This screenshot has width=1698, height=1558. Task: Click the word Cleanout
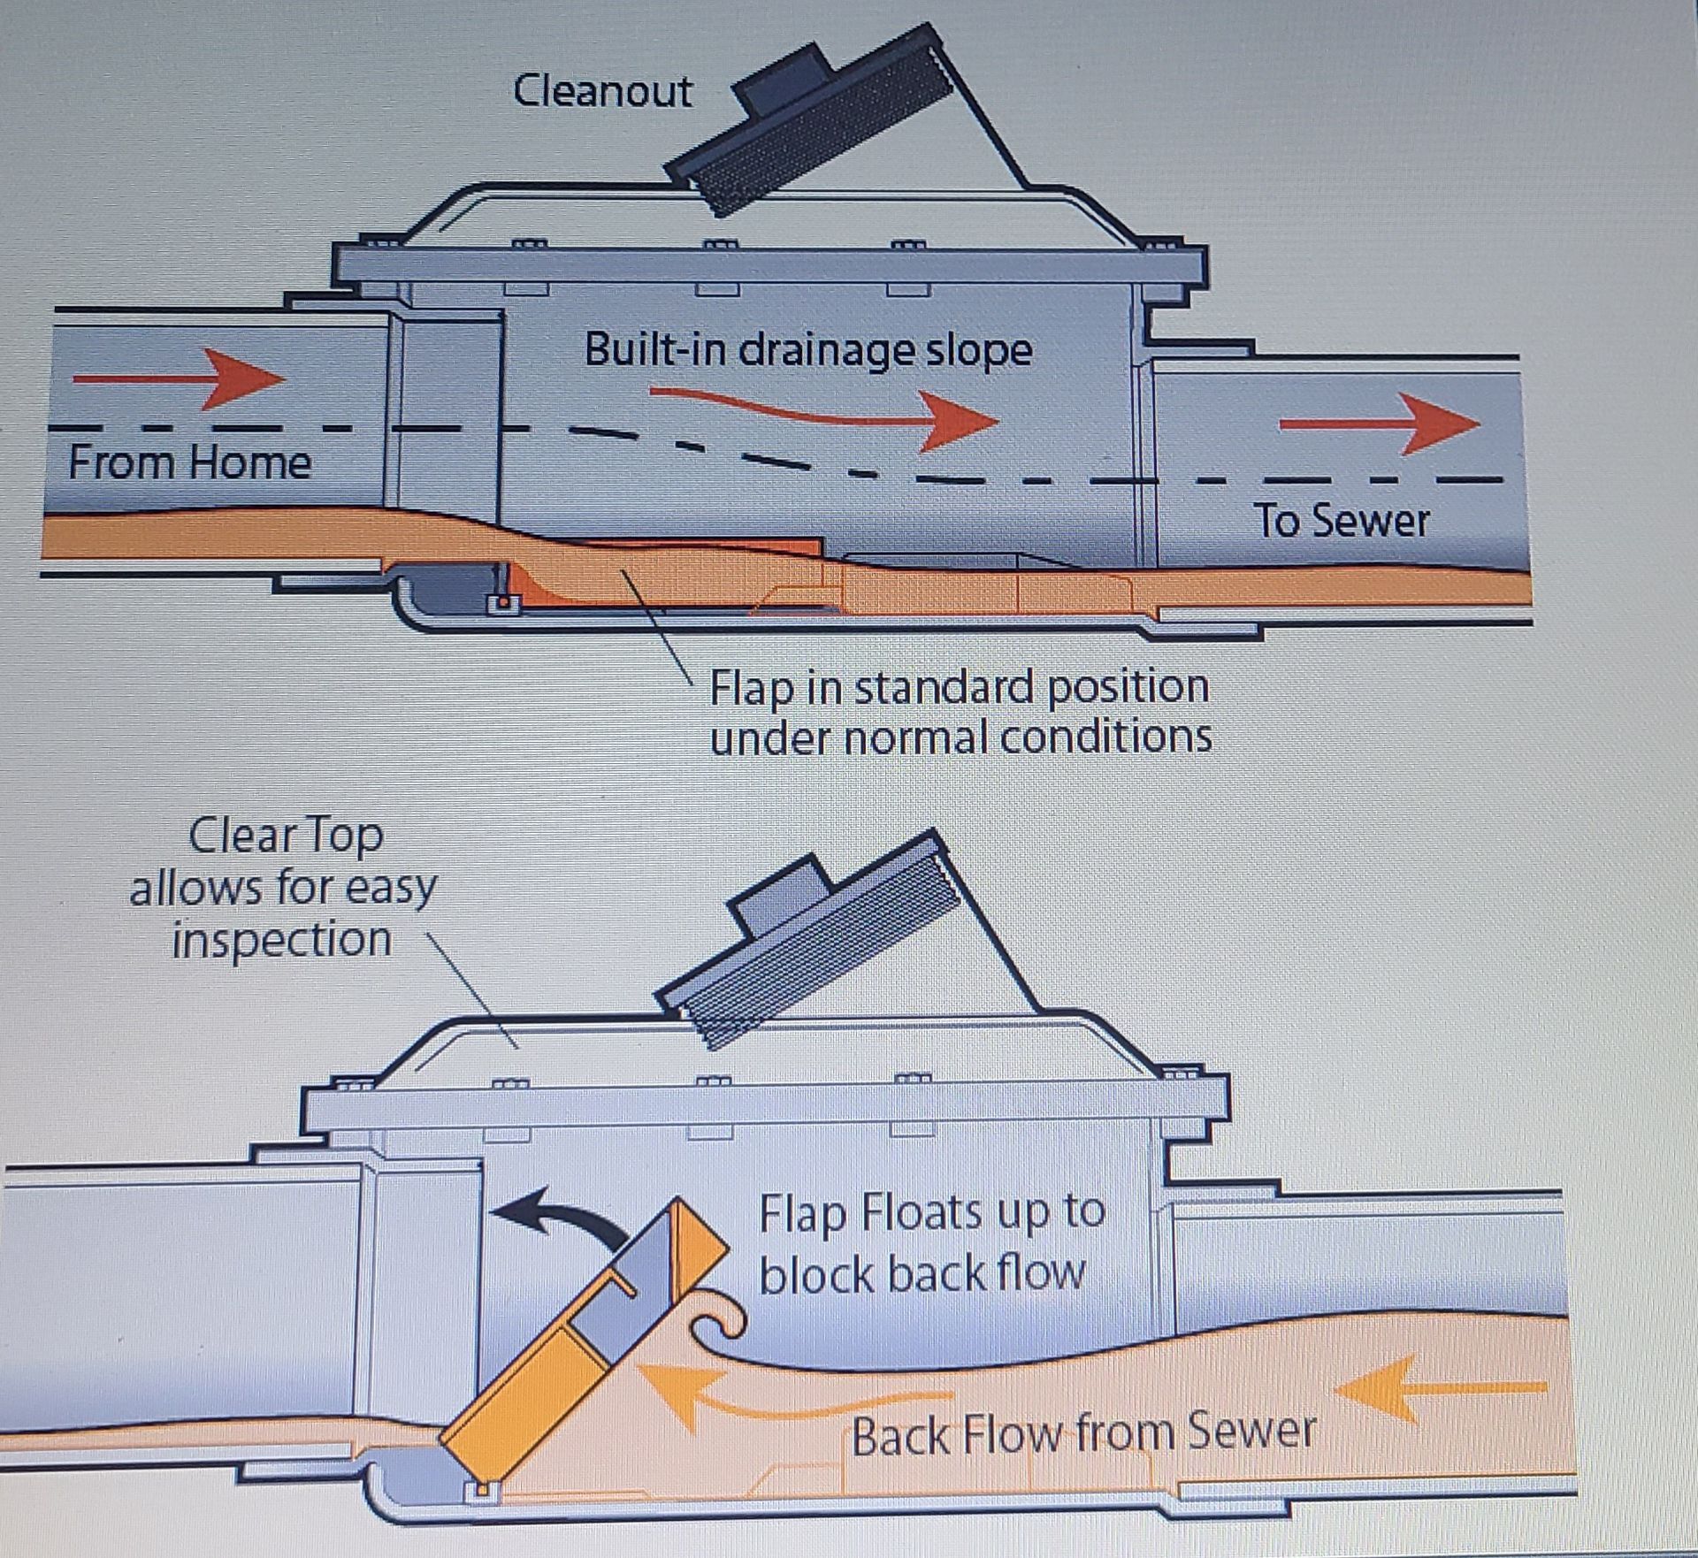(602, 91)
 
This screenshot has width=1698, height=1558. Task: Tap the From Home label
(189, 462)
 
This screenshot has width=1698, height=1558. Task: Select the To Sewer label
(1341, 520)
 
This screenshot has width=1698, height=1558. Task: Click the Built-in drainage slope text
(807, 350)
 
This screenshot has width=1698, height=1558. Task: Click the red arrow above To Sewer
(1380, 424)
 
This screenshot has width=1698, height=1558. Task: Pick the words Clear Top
(286, 836)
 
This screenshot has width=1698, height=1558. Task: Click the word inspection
(281, 939)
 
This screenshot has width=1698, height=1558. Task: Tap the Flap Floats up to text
(931, 1212)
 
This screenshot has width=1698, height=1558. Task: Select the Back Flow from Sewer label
(1083, 1433)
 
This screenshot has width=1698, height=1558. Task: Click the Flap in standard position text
(959, 687)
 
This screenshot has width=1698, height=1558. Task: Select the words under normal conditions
(960, 737)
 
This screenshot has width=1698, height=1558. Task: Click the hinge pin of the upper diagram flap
(502, 603)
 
